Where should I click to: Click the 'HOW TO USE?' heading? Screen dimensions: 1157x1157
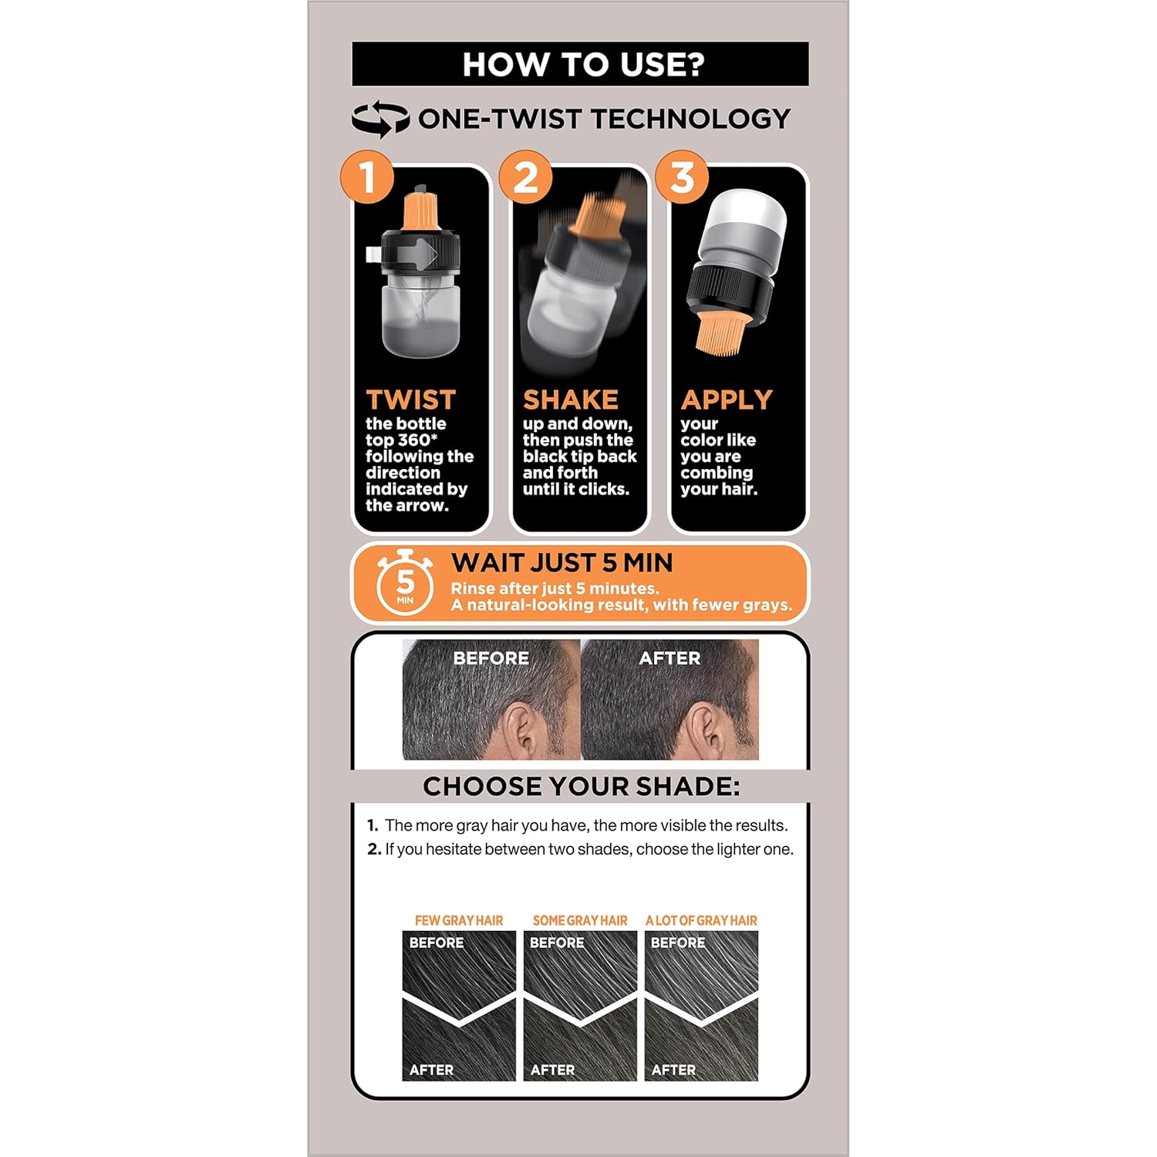point(583,65)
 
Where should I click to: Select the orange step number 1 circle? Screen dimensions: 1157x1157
point(367,177)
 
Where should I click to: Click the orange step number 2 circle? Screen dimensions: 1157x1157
point(525,177)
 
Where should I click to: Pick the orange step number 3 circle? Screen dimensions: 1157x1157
point(682,177)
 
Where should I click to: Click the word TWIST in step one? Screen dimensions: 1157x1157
point(411,400)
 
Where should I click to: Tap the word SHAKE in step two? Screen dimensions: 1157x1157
point(571,400)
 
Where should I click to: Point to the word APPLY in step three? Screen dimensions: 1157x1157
point(727,400)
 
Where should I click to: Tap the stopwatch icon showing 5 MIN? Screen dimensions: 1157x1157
point(405,583)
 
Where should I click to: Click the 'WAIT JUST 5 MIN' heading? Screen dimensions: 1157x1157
point(562,563)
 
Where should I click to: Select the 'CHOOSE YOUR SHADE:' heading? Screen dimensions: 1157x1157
point(582,787)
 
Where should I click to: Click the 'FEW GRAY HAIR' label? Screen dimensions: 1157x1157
point(459,920)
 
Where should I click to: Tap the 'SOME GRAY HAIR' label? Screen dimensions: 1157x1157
point(580,920)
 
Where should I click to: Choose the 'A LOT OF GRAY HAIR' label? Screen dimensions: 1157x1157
point(701,920)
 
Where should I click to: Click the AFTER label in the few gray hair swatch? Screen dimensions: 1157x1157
point(431,1070)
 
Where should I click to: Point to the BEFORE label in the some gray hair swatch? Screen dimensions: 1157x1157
point(557,943)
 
